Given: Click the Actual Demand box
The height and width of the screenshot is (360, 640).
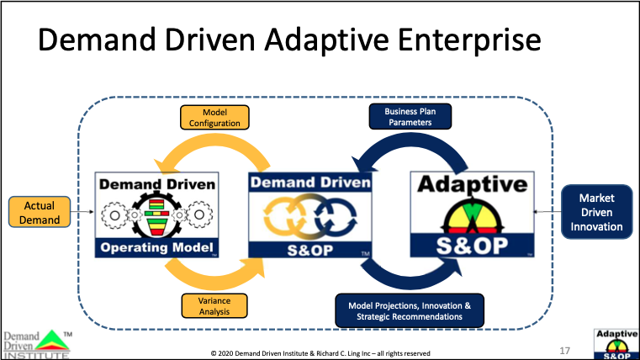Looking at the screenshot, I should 35,213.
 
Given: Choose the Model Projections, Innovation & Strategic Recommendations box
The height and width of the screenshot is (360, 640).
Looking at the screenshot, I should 410,310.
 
